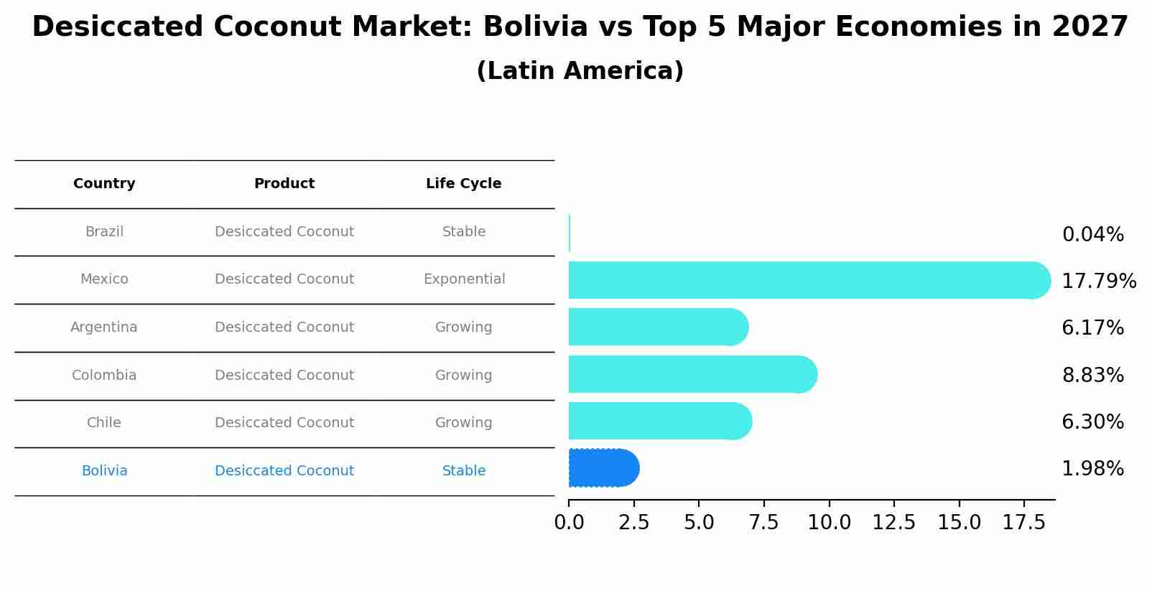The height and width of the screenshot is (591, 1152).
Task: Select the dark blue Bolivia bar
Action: pos(602,468)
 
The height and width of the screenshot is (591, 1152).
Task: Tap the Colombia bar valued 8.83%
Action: pos(689,374)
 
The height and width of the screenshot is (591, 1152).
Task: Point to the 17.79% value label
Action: pos(1098,281)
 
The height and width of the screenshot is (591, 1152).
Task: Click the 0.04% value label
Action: pos(1092,234)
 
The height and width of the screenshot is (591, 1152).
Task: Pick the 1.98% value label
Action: pos(1092,468)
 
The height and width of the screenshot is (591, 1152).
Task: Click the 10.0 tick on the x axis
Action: pos(829,523)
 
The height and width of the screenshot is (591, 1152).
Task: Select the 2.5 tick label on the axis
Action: pos(633,523)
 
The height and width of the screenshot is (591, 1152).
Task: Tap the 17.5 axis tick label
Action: pos(1024,523)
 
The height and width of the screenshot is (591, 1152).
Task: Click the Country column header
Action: pos(104,184)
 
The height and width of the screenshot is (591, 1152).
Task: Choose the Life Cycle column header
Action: pos(463,184)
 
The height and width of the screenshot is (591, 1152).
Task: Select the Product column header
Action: pos(284,184)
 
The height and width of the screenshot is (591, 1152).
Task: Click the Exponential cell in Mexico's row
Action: pos(464,279)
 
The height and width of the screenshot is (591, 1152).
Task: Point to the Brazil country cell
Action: pos(104,232)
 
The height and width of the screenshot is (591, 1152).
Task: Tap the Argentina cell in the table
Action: pos(104,327)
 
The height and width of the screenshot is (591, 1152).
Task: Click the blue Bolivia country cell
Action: pos(104,471)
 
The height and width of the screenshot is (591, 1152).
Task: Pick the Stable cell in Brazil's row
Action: pos(464,232)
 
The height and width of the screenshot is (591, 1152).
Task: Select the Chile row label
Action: pos(104,423)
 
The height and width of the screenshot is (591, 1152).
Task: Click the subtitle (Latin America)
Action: pos(580,71)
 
